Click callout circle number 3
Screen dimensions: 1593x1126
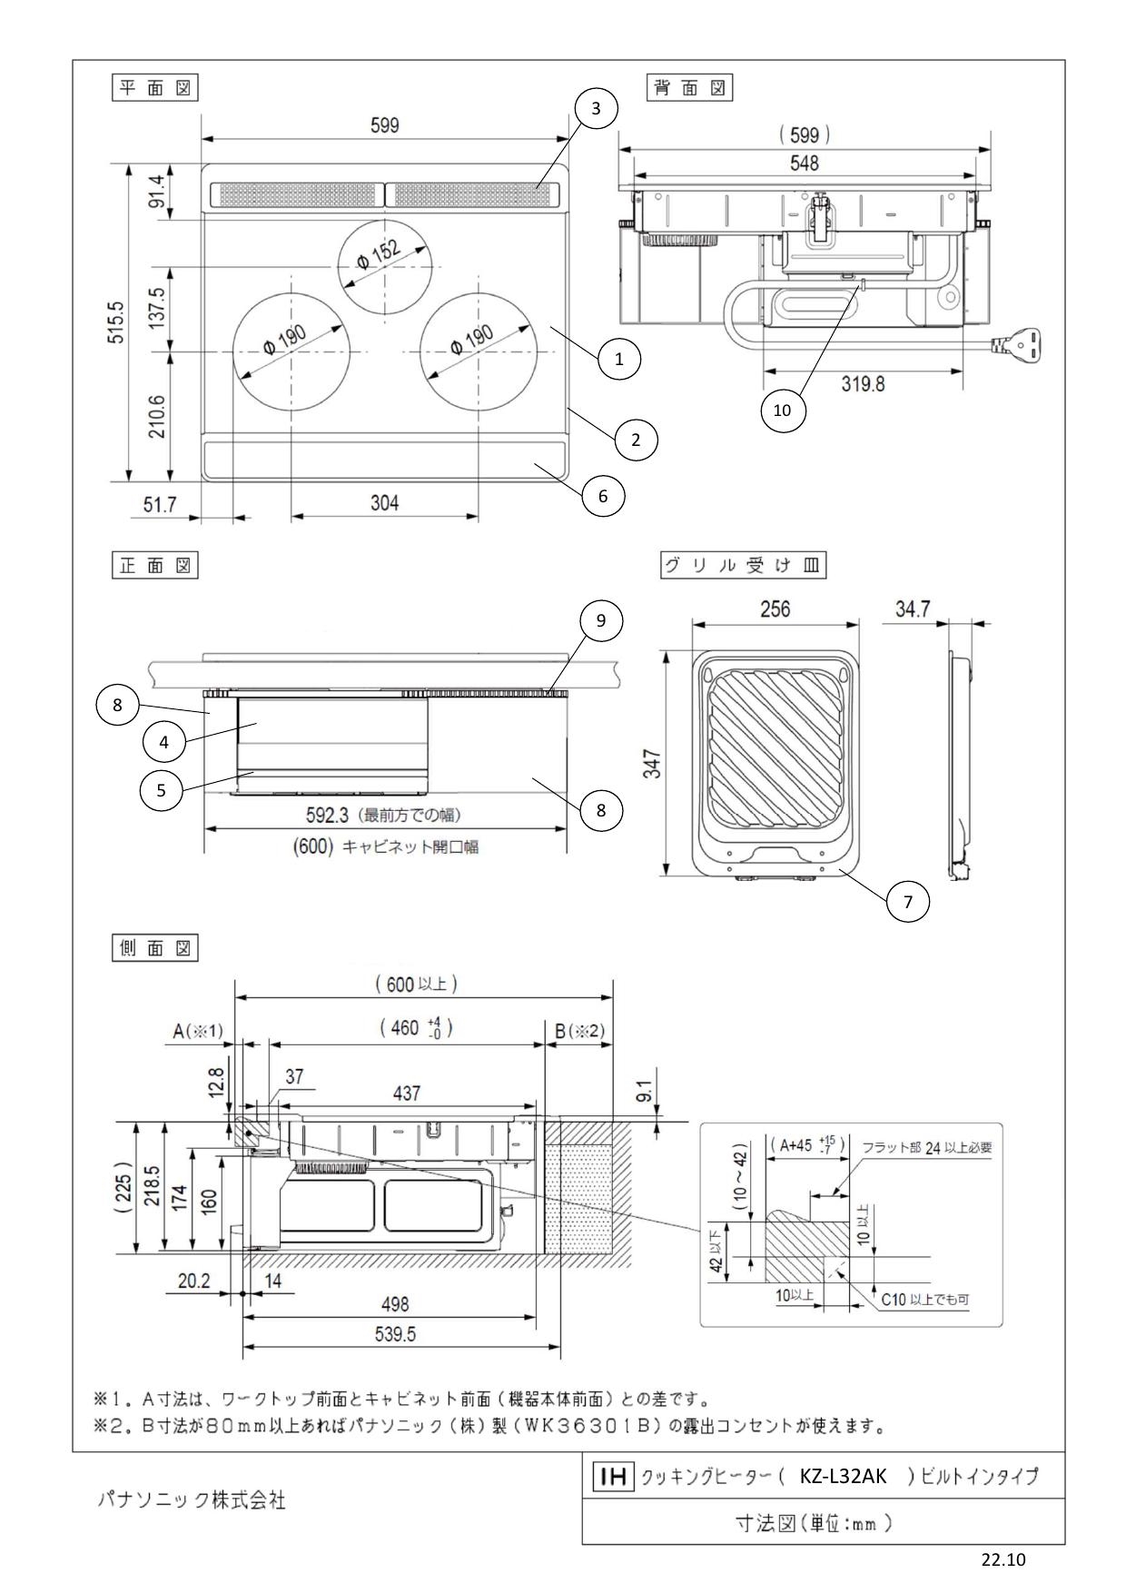596,108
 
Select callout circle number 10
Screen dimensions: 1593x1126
782,410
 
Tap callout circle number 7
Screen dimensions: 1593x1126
907,902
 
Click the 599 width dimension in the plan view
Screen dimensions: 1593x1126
384,125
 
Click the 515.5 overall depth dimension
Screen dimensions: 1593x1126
114,322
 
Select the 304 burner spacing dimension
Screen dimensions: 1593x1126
384,502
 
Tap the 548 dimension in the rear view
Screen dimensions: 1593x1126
804,163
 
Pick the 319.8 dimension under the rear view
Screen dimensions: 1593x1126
862,383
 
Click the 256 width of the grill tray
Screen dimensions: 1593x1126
775,609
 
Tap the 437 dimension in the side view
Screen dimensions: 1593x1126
406,1093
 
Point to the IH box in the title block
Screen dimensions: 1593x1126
611,1477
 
